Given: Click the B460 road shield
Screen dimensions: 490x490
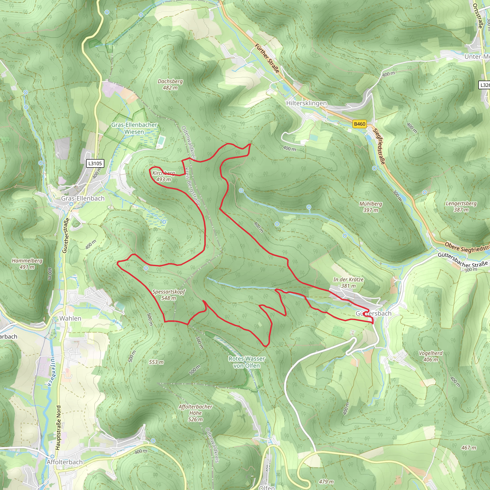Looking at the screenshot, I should (359, 124).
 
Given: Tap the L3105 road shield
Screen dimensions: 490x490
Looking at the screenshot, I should (95, 163).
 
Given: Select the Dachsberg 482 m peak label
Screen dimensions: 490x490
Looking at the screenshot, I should (170, 84).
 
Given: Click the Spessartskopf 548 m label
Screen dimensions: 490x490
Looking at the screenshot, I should (169, 295).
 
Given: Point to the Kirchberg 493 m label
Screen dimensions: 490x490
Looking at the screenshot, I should (164, 176).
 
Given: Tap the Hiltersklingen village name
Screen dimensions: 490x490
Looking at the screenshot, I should (306, 103).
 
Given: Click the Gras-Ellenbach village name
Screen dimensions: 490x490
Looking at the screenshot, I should (83, 198).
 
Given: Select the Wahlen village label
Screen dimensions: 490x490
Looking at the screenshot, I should (70, 318).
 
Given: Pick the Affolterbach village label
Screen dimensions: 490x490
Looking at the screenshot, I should (65, 462).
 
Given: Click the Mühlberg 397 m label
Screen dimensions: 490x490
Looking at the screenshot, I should (371, 207).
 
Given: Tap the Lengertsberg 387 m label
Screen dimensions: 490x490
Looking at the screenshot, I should (461, 206).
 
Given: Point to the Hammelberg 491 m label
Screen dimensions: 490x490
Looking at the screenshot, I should (27, 264).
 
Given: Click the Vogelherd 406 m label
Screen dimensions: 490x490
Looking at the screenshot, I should (431, 356).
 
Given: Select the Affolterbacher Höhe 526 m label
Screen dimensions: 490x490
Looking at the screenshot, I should (195, 413).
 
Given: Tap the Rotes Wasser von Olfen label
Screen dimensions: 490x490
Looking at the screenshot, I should (246, 362).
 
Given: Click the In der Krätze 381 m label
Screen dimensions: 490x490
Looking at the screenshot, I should (348, 283).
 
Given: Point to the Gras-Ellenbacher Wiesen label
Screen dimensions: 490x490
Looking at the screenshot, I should (134, 128).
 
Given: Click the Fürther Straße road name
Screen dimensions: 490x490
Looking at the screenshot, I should (267, 58).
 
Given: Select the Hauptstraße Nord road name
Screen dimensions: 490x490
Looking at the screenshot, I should (58, 428).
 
